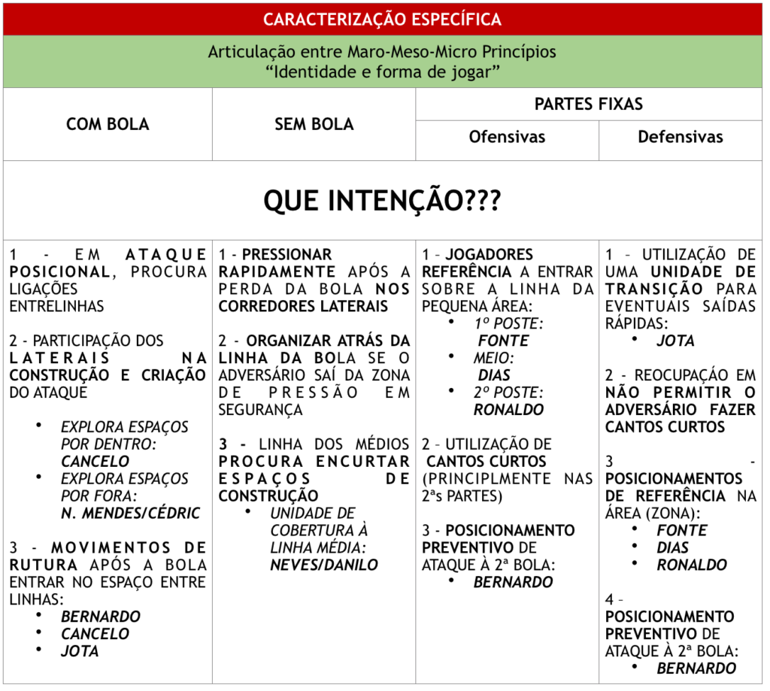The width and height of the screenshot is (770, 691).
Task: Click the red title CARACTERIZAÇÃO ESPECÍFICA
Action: coord(382,19)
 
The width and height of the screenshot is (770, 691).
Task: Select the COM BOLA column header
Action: coord(108,124)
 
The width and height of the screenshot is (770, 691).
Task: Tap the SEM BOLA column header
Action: coord(314,124)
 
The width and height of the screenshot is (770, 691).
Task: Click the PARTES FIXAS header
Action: coord(588,104)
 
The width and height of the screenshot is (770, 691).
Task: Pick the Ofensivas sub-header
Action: coord(507,137)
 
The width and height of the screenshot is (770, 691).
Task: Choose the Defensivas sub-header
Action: coord(680,137)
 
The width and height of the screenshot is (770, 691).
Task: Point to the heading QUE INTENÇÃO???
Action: coord(382,200)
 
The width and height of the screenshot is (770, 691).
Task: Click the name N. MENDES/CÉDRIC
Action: coord(130,514)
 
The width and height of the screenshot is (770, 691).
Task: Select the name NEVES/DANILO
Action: coord(323,565)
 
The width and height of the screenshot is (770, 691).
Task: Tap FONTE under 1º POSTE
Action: coord(503,341)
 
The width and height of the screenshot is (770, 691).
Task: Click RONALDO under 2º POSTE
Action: coord(508,410)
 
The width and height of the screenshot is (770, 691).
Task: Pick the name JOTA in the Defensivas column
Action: coord(675,341)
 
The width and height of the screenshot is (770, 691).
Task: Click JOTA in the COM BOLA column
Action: coord(80,651)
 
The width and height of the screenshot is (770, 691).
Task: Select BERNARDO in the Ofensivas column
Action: coord(513,582)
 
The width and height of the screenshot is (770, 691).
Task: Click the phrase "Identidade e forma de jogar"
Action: coord(382,73)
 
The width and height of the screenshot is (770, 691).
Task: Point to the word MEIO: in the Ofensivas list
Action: coord(494,358)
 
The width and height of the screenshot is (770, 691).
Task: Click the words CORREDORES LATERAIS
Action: coord(303,306)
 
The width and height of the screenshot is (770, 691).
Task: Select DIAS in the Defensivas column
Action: coord(672,547)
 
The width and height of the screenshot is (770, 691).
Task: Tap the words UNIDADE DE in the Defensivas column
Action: coord(703,271)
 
